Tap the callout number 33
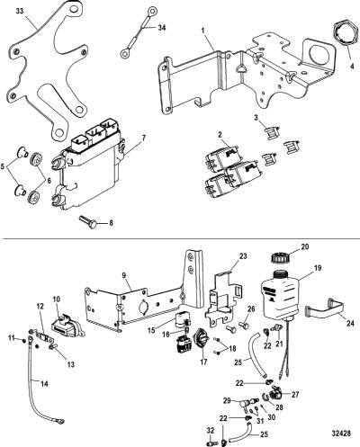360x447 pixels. point(20,12)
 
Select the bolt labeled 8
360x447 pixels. point(88,221)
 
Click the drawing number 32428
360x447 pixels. point(341,434)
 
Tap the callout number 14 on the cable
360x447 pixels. point(44,384)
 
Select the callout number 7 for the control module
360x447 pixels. point(144,139)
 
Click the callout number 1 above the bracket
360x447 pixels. point(203,31)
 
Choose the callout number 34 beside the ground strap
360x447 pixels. point(162,28)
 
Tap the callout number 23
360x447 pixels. point(243,256)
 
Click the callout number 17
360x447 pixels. point(203,362)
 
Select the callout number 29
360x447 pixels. point(227,400)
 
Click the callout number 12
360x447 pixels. point(40,307)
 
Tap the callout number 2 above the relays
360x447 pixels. point(220,135)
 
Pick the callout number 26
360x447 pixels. point(251,309)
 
